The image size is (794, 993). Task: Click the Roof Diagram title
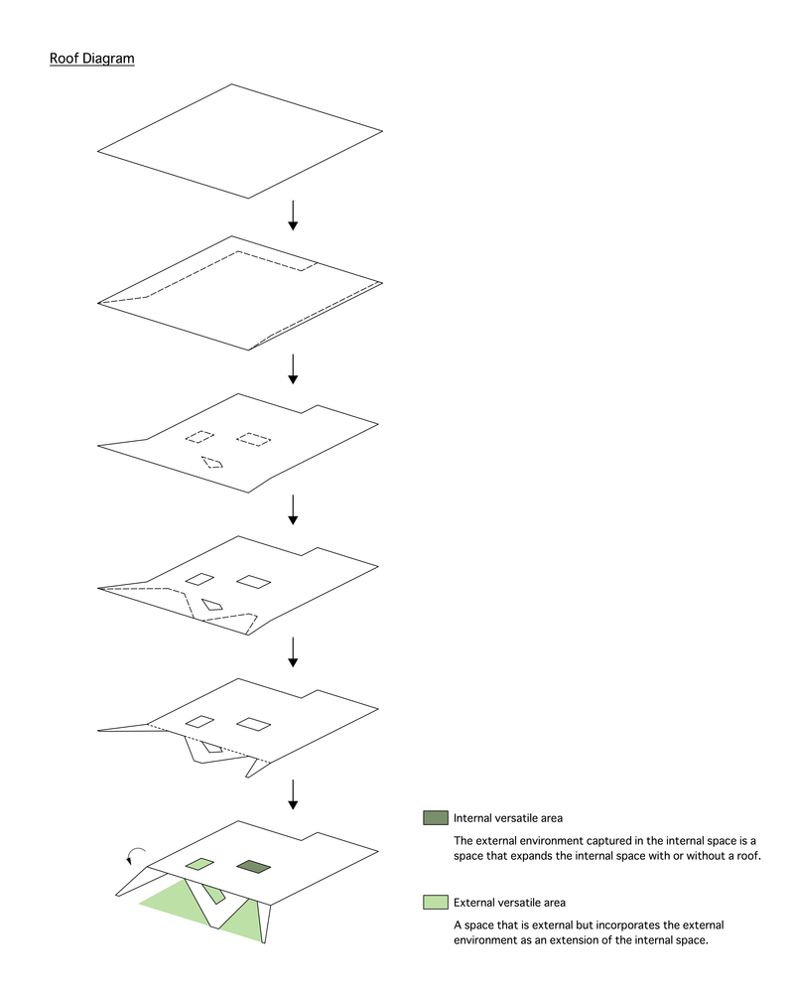(92, 59)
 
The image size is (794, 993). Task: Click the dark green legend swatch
(436, 817)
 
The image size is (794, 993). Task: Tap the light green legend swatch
(436, 902)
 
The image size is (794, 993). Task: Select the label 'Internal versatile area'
(508, 818)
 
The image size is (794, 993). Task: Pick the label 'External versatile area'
(509, 903)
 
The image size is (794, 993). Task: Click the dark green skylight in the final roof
(253, 866)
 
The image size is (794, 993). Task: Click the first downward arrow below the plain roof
(293, 215)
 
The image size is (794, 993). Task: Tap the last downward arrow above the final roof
(293, 794)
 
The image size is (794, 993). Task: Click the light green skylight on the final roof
(199, 864)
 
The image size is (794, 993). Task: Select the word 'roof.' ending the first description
(748, 856)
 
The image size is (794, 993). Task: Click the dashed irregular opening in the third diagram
(212, 463)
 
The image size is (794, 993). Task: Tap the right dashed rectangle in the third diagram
(253, 439)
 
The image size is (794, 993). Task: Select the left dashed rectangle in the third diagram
(199, 436)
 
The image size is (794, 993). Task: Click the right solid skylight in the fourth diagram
(253, 581)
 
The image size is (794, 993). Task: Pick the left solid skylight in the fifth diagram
(199, 721)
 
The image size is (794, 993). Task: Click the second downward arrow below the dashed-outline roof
(293, 369)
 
